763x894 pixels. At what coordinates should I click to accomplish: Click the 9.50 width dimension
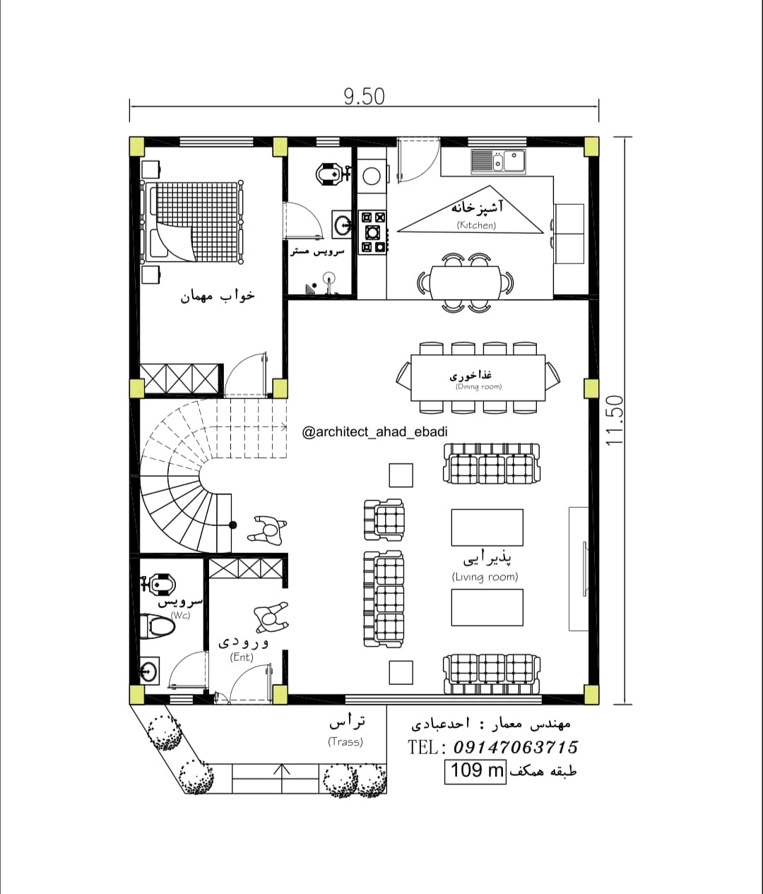click(364, 97)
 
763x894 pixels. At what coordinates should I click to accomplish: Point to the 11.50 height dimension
click(615, 421)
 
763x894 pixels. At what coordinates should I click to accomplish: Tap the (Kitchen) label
click(476, 225)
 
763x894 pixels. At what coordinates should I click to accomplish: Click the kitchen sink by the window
click(498, 162)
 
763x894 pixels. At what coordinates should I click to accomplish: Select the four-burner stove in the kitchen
click(372, 232)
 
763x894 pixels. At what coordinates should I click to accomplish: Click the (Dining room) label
click(478, 387)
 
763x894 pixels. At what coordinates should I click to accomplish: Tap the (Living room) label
click(485, 577)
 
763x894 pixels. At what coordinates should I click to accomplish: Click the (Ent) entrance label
click(242, 657)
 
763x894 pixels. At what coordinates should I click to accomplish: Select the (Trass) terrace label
click(345, 742)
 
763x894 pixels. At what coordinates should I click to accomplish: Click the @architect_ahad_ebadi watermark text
click(375, 431)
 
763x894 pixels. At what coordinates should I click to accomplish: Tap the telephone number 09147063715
click(516, 747)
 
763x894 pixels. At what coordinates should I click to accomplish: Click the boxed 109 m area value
click(475, 770)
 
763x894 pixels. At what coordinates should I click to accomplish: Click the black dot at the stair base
click(233, 525)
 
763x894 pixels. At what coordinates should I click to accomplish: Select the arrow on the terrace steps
click(282, 777)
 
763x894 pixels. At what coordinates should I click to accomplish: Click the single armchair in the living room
click(384, 520)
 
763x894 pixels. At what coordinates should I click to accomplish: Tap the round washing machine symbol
click(372, 176)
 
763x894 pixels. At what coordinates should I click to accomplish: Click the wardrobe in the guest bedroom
click(180, 379)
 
